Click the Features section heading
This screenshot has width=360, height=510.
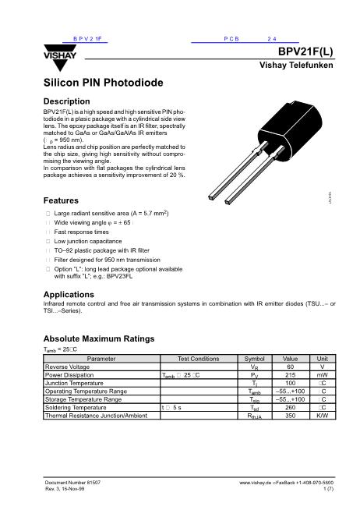62,200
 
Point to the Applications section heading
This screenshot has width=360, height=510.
69,294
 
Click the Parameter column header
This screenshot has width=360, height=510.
101,359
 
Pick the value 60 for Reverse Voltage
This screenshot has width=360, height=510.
290,367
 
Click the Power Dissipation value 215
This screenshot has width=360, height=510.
290,375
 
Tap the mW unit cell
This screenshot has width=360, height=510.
322,375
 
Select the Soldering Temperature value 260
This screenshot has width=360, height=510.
290,407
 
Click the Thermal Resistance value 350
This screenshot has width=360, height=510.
290,416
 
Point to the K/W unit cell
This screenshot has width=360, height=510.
322,416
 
